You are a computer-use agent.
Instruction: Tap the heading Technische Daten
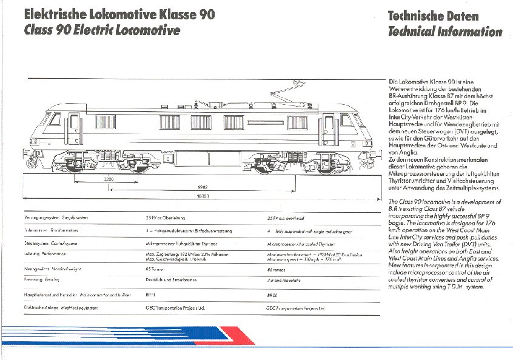coord(433,16)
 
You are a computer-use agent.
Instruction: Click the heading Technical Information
coord(444,32)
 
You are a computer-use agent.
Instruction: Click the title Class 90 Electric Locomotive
coord(102,30)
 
